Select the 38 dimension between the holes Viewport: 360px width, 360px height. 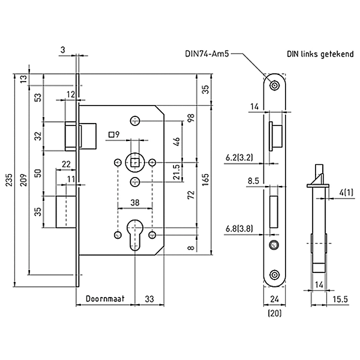pyautogui.click(x=137, y=203)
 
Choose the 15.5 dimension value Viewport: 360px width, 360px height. pyautogui.click(x=338, y=298)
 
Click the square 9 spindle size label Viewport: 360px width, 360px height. pyautogui.click(x=114, y=134)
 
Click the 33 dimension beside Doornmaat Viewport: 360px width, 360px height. pyautogui.click(x=150, y=298)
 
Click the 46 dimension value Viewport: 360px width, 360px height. pyautogui.click(x=176, y=142)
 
